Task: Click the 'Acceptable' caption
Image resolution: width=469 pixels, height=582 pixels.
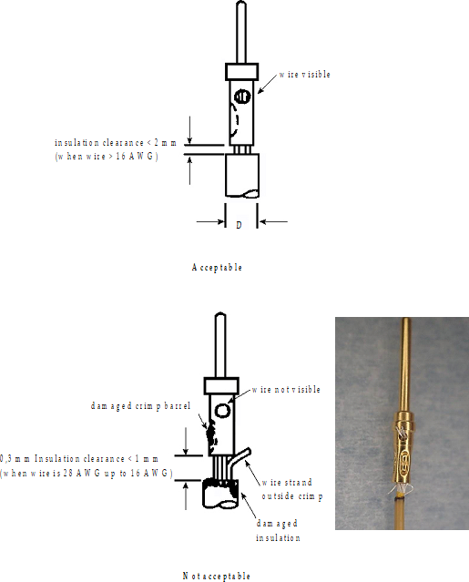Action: (x=217, y=267)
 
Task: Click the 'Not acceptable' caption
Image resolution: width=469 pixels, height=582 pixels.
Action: (x=217, y=576)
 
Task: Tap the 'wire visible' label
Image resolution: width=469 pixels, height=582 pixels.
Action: (x=305, y=75)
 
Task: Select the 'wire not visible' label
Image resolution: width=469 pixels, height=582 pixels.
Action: (x=286, y=389)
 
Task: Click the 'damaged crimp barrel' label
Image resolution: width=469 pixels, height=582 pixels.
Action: (x=140, y=405)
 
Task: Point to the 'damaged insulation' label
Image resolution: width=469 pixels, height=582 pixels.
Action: (x=278, y=530)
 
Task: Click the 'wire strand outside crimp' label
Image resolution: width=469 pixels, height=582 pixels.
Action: (x=292, y=489)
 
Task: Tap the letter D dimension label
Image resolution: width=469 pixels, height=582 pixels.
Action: (x=239, y=225)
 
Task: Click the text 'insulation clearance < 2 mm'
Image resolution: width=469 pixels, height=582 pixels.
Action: (x=116, y=142)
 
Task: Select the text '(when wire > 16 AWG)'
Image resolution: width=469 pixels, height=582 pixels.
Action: (x=107, y=157)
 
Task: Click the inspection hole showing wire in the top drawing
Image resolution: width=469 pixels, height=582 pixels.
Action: (x=242, y=97)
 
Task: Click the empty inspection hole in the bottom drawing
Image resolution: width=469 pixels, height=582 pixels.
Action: (x=222, y=411)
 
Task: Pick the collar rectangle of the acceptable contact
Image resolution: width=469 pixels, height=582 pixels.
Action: (x=242, y=72)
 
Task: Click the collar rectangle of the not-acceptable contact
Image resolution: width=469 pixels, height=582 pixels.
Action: (x=221, y=386)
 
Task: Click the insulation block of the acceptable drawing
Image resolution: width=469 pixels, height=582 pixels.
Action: (x=242, y=175)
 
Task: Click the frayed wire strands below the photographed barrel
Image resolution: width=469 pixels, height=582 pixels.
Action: (x=400, y=490)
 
